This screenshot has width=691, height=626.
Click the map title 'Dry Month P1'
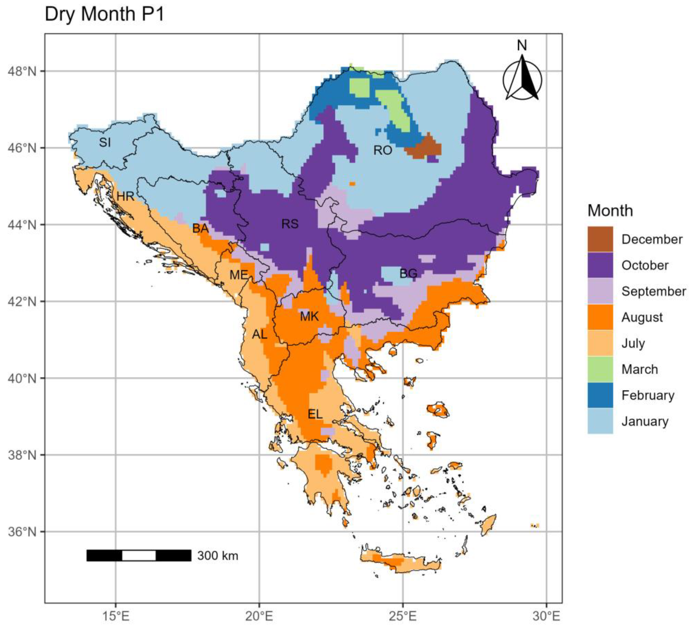point(105,14)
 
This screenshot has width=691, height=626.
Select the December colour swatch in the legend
point(600,239)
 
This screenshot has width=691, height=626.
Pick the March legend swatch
point(600,369)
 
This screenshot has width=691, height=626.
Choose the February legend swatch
point(600,395)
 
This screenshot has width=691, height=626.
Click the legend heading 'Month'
point(610,210)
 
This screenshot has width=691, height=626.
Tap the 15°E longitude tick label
point(116,616)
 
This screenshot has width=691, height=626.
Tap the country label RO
point(383,150)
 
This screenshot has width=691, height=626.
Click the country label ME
point(239,275)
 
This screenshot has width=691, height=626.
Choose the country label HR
point(125,197)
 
